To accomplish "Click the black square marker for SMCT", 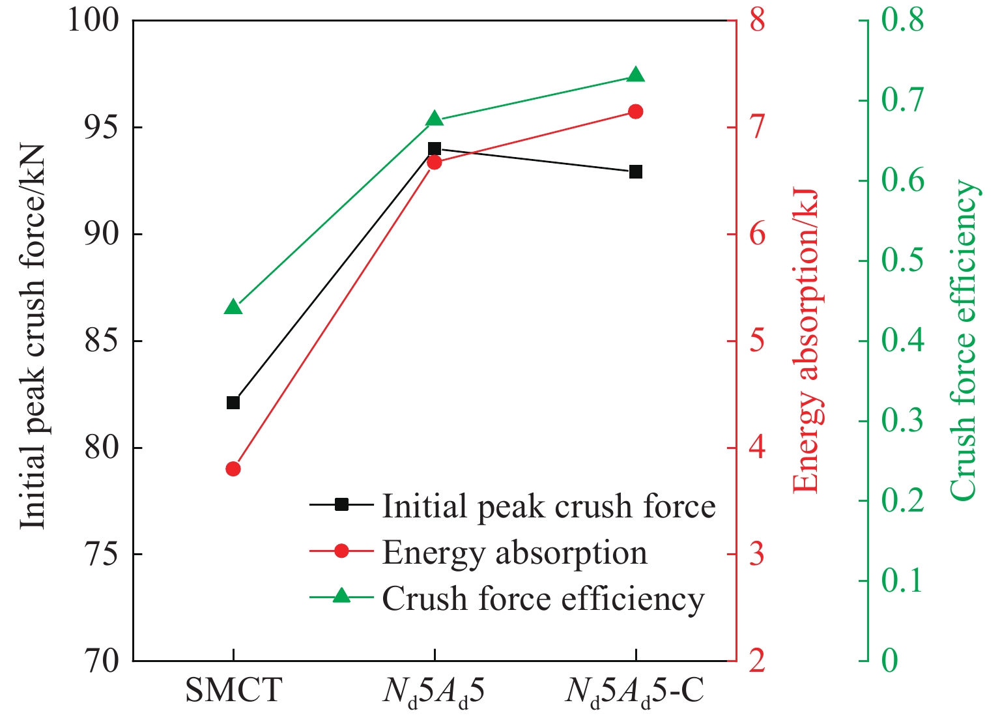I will tap(233, 403).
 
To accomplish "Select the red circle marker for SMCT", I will tap(233, 469).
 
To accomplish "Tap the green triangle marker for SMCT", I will tap(233, 308).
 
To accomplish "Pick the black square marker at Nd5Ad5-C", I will tap(636, 172).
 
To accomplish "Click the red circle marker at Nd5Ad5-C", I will tap(636, 111).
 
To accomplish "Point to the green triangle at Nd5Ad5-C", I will tap(636, 76).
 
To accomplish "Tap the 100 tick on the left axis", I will tap(94, 21).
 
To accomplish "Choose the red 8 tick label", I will tap(757, 21).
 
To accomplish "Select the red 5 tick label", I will tap(757, 341).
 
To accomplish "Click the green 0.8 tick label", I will tap(902, 21).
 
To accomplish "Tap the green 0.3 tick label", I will tap(902, 421).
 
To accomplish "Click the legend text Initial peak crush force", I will tap(549, 506).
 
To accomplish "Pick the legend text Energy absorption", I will tap(515, 553).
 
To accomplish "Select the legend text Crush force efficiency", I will tap(543, 599).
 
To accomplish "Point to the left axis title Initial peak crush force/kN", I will tap(33, 336).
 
